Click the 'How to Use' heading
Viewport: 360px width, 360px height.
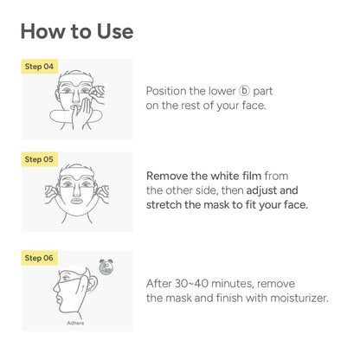tap(77, 31)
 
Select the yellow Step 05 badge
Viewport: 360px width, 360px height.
tap(39, 159)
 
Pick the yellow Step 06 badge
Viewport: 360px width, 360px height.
tap(39, 258)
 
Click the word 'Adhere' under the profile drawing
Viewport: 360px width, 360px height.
tap(76, 321)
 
